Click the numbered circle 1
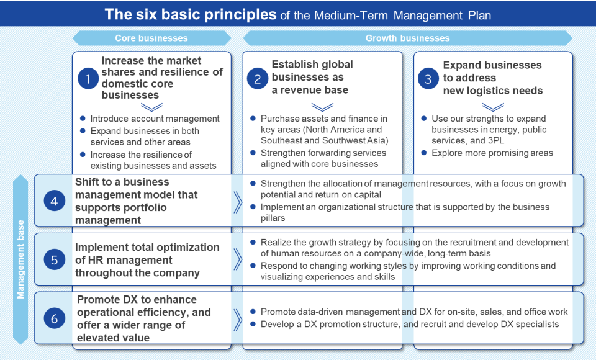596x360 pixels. [x=88, y=79]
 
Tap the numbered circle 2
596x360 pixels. [x=257, y=79]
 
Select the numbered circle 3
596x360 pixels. [x=428, y=79]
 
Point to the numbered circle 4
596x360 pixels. [x=55, y=201]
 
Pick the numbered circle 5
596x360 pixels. [x=55, y=260]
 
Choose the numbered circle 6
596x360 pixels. [x=55, y=319]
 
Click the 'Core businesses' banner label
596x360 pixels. [x=151, y=38]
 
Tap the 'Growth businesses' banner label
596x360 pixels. [x=407, y=38]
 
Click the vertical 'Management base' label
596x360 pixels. [x=21, y=259]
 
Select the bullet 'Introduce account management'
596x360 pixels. [x=155, y=119]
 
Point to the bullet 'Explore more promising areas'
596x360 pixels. [x=492, y=153]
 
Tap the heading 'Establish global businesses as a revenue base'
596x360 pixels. [x=312, y=78]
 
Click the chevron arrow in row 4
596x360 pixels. [x=237, y=202]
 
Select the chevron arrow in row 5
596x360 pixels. [x=237, y=260]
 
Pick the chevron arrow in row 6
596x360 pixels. [x=237, y=319]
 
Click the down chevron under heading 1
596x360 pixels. [x=151, y=107]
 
